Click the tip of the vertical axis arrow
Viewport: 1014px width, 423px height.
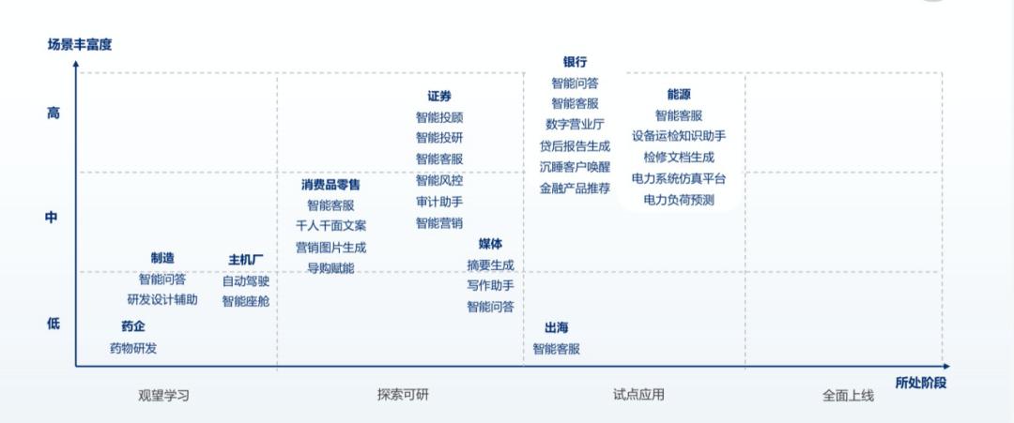click(76, 61)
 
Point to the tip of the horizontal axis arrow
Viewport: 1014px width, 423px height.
click(949, 366)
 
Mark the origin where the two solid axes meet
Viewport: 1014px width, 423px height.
click(76, 366)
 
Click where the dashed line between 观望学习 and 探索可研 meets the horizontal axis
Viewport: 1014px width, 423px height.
click(277, 366)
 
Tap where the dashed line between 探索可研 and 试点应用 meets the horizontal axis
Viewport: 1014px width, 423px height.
click(524, 366)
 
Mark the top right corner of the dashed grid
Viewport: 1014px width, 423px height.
click(942, 73)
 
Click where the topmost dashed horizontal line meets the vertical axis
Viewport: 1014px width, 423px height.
click(76, 73)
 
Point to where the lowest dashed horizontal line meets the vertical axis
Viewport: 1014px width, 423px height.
click(76, 272)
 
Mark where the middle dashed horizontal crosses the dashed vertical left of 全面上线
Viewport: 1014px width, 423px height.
click(745, 173)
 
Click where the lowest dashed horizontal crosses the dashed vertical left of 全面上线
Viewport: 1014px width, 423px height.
click(745, 272)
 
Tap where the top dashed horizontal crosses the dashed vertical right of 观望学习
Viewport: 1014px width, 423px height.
click(277, 73)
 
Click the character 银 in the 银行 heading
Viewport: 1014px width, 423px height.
click(569, 62)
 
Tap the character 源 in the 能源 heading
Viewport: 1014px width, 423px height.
click(684, 95)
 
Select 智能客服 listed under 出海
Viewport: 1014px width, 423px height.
click(556, 349)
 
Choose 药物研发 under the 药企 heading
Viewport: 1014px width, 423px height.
click(133, 348)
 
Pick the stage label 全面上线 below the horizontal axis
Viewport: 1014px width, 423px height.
click(848, 395)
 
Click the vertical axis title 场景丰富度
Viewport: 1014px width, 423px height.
click(80, 45)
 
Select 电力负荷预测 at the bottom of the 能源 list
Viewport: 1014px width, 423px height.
click(679, 200)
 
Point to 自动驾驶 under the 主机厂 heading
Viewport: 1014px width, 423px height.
click(246, 281)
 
